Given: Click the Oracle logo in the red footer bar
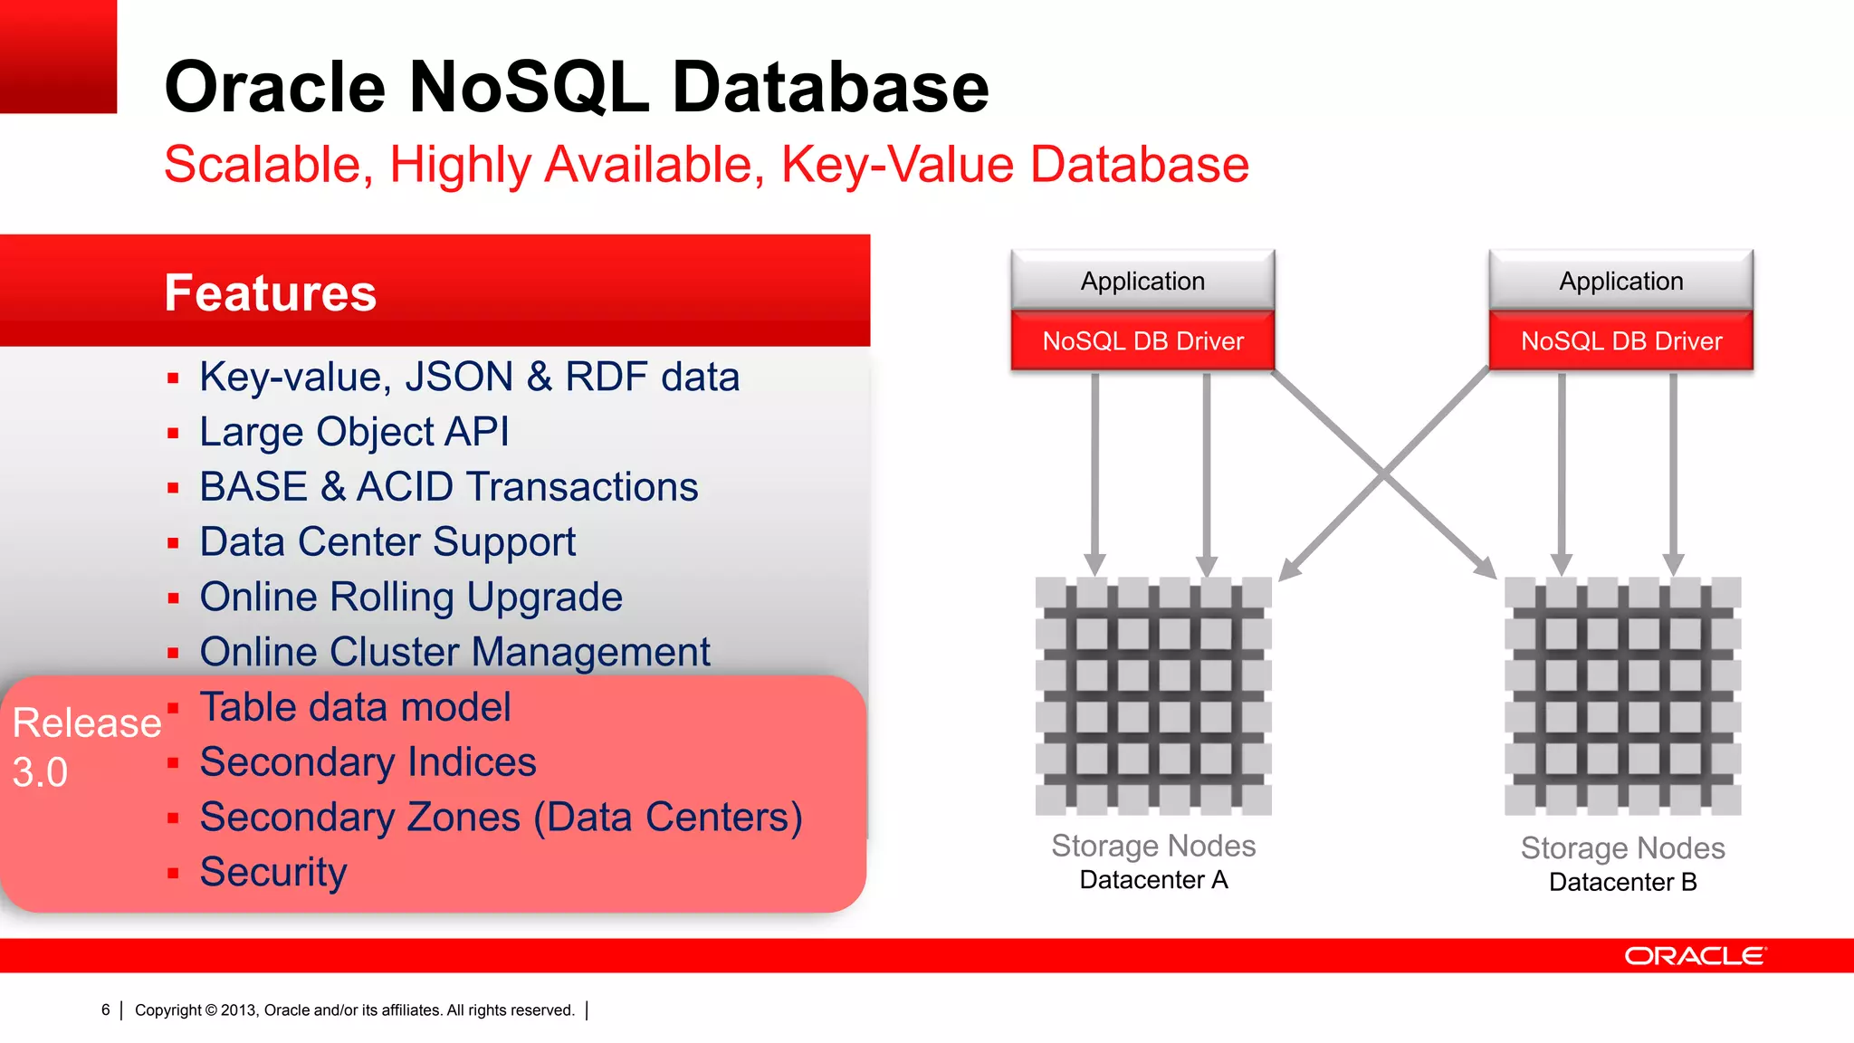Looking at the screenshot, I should [x=1695, y=956].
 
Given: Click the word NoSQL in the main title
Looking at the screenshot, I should [x=530, y=87].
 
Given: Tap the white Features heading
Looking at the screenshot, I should [x=270, y=293].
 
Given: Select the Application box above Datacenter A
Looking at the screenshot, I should [x=1142, y=281].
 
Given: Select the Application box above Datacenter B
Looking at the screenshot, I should [x=1620, y=281].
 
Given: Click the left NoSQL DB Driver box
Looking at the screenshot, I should [x=1142, y=341].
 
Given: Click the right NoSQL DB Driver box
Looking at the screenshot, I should [x=1620, y=341].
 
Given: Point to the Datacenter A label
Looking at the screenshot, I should [x=1153, y=880].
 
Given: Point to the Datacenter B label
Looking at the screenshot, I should [x=1622, y=883].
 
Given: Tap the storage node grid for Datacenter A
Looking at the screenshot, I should [x=1153, y=695].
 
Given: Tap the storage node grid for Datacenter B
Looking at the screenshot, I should [x=1622, y=695].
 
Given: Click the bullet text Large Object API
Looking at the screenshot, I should [x=354, y=432].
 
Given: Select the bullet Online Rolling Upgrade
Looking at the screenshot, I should [x=411, y=598].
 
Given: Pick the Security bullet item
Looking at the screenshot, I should [x=273, y=873].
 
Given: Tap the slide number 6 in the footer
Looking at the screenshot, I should [x=106, y=1010].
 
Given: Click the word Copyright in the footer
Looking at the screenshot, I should [x=168, y=1010].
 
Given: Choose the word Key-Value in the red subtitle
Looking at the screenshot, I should [x=896, y=165].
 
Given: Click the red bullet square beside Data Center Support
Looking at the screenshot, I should [x=173, y=543].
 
